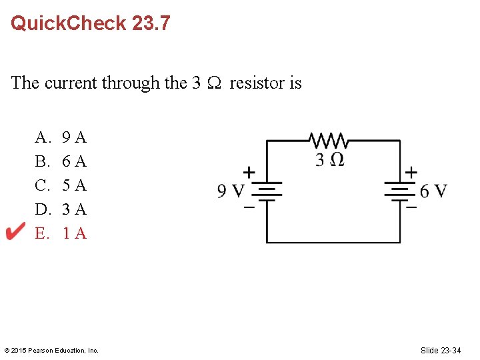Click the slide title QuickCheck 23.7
[91, 23]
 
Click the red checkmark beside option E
[15, 233]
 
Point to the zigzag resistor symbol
[328, 141]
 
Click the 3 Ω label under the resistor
[329, 160]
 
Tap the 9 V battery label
[230, 192]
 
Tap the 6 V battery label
[433, 191]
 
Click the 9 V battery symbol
[267, 192]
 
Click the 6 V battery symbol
[400, 192]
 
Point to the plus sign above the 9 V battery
[248, 172]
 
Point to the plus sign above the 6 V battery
[411, 172]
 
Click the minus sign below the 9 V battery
[248, 207]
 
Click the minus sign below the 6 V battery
[411, 207]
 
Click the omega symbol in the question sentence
[215, 83]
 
